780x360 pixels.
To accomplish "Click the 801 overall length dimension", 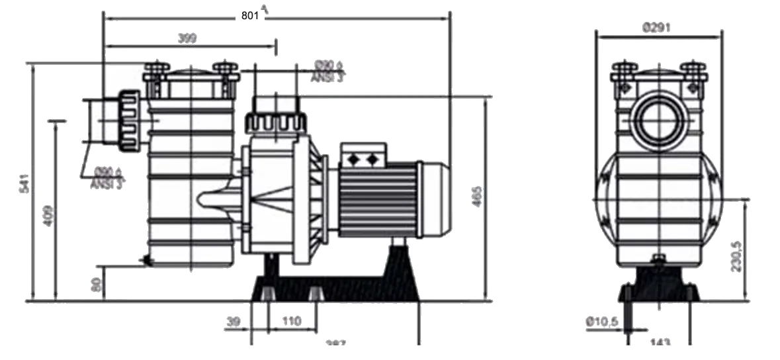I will pos(249,17).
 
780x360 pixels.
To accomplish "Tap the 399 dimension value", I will pos(189,38).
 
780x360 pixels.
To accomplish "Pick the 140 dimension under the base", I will pos(290,321).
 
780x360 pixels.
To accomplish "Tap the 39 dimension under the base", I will pos(234,321).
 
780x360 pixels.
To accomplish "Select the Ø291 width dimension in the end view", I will pos(658,27).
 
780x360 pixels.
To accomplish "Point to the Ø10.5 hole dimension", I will pos(602,321).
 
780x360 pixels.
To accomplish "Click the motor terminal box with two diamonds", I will pos(363,157).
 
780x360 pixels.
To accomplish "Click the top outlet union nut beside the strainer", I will pos(275,120).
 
